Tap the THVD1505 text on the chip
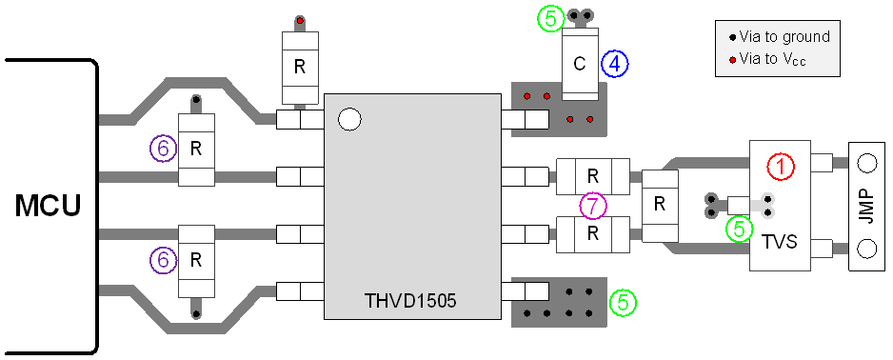point(410,301)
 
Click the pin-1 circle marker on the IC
point(349,119)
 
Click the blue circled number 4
point(615,64)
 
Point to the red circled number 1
point(781,168)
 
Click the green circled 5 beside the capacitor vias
point(549,18)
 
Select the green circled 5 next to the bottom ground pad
point(623,302)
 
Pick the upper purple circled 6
point(164,149)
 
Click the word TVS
point(781,243)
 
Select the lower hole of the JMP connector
point(866,249)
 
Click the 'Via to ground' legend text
point(786,37)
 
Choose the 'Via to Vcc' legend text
point(777,60)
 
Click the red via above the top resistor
point(300,21)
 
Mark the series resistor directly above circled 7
point(592,175)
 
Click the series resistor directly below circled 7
point(592,232)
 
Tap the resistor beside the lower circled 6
point(196,259)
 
